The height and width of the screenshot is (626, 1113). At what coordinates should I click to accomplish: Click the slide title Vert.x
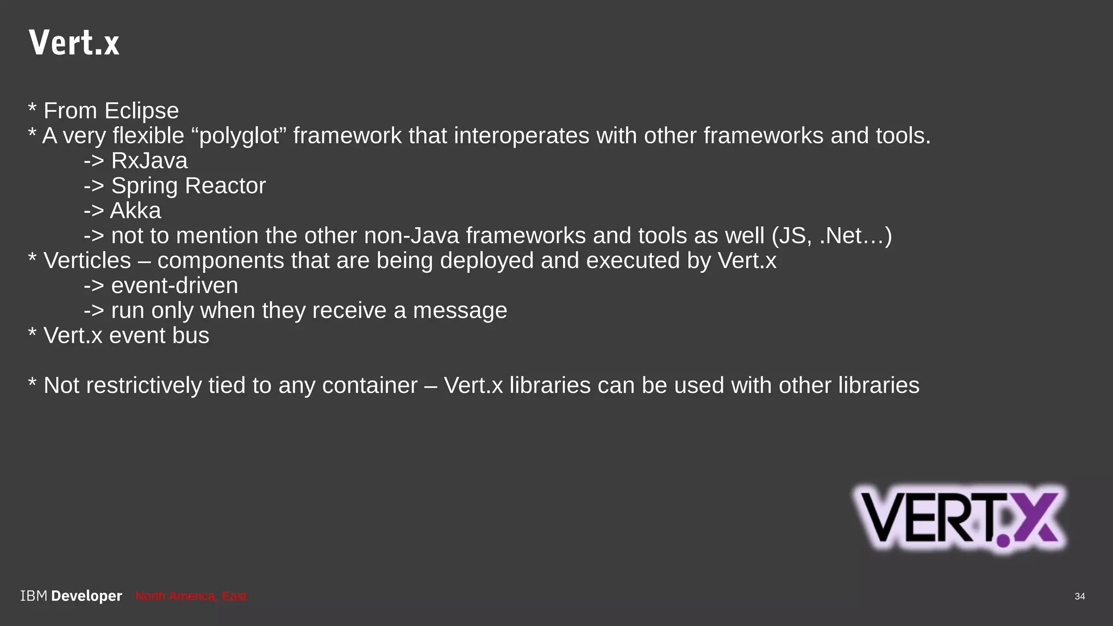(74, 43)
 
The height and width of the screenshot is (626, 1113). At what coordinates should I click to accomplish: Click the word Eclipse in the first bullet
(141, 111)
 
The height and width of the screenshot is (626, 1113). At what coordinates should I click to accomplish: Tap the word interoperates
(521, 136)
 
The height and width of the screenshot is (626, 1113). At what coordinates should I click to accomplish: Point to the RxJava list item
(149, 161)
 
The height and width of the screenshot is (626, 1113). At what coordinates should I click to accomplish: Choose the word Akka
(135, 211)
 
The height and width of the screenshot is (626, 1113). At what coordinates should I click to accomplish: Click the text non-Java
(411, 236)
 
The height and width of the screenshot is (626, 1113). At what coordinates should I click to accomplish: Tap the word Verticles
(87, 261)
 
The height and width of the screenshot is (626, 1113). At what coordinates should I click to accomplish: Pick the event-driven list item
(174, 286)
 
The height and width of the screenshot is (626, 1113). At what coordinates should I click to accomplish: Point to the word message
(460, 311)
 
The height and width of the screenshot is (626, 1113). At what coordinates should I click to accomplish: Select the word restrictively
(143, 386)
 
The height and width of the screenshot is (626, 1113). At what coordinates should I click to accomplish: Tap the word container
(370, 386)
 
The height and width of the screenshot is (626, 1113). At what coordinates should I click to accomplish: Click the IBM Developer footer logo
(71, 596)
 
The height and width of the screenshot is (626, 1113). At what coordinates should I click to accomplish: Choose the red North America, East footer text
(191, 596)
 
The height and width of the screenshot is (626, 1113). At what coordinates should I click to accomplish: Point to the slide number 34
(1079, 596)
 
